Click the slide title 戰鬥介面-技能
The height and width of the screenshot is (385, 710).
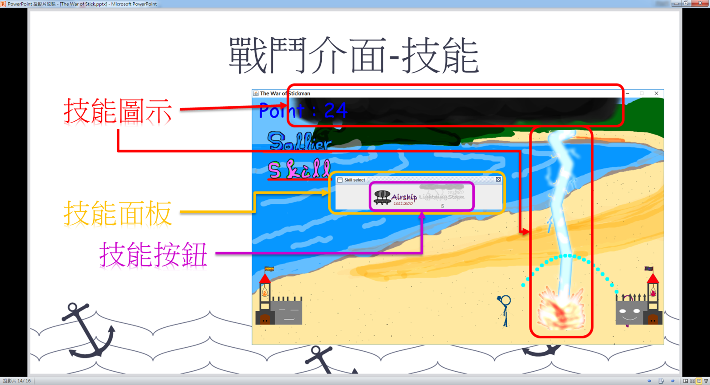[354, 56]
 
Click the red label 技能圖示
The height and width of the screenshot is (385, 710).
[118, 111]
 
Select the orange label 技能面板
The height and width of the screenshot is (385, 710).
[118, 213]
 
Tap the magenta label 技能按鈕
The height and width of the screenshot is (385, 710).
[153, 254]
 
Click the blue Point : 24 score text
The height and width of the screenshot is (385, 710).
[303, 111]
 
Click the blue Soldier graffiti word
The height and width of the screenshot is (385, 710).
[299, 142]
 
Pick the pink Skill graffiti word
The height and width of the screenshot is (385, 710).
[299, 169]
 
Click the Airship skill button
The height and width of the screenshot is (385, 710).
[395, 197]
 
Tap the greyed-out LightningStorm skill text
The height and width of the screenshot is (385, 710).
[442, 196]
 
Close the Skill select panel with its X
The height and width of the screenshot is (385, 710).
[498, 179]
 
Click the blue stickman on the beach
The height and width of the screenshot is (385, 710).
[505, 310]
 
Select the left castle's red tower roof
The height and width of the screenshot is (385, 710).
[265, 278]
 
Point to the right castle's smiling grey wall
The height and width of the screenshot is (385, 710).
[630, 313]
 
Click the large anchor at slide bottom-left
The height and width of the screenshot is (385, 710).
[89, 330]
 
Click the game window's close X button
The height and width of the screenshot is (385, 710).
[656, 93]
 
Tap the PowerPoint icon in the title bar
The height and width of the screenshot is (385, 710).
[3, 4]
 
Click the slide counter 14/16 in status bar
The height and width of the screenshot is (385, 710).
[17, 381]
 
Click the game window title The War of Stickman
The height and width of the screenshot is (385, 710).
[285, 93]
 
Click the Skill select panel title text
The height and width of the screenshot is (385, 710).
[355, 180]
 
